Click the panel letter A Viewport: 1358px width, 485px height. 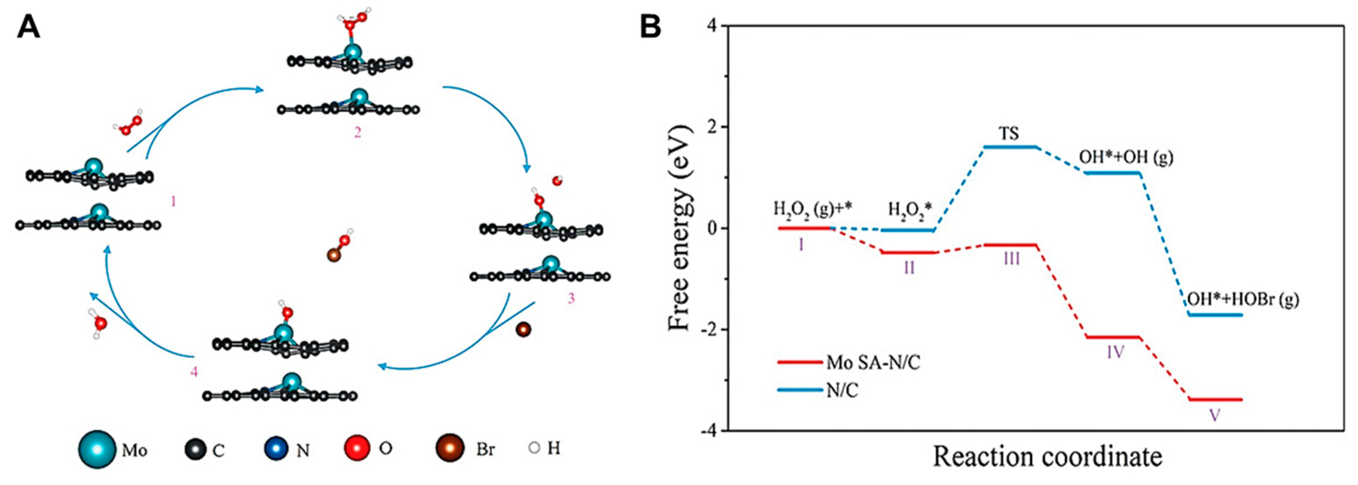[29, 26]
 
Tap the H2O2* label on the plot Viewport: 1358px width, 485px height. [911, 210]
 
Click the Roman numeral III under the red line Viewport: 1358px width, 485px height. [1011, 259]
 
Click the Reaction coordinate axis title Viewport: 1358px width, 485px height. [1048, 456]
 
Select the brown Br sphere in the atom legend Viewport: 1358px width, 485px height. [449, 449]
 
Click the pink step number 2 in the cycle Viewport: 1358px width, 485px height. [357, 132]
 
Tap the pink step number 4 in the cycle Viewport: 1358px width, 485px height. [194, 372]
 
